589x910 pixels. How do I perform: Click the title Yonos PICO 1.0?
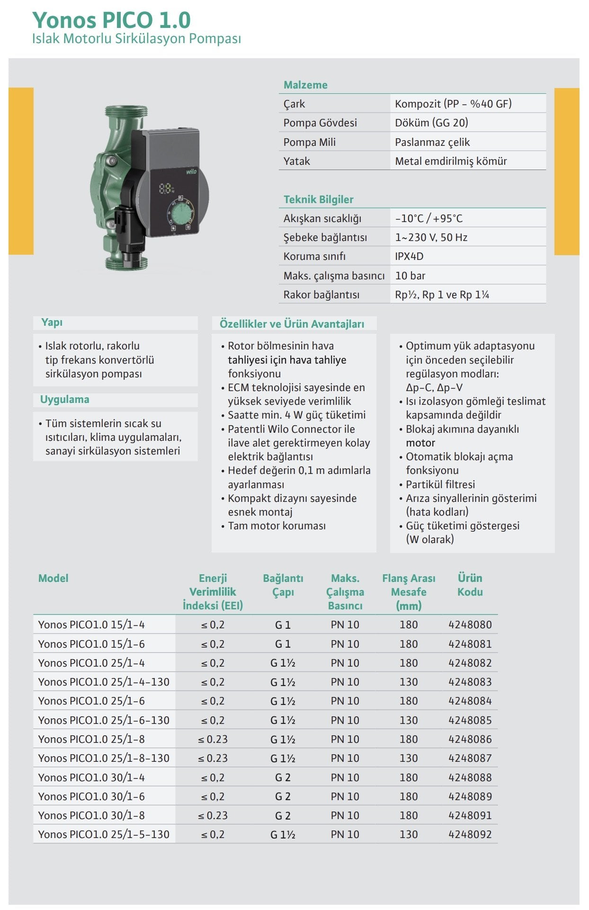point(111,20)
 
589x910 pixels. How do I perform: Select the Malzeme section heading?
point(305,85)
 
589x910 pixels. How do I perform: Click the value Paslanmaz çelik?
point(432,142)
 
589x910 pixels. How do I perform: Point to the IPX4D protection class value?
point(409,256)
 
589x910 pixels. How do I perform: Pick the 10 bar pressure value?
point(410,276)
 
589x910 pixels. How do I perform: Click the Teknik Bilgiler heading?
point(318,199)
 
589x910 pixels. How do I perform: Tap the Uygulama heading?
point(64,399)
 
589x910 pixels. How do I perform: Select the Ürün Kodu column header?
point(470,585)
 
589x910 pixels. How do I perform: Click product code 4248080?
point(470,625)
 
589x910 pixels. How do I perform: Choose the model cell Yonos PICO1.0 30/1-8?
point(91,815)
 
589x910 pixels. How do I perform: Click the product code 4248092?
point(470,834)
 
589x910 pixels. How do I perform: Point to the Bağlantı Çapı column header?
point(283,585)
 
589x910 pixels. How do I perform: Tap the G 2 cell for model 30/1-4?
point(283,777)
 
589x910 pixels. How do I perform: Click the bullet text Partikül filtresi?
point(440,484)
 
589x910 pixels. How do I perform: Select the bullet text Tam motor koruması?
point(277,526)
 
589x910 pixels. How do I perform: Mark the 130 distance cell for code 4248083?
point(408,682)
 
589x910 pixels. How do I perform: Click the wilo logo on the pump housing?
point(191,171)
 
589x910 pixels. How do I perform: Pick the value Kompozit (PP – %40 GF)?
point(453,104)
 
